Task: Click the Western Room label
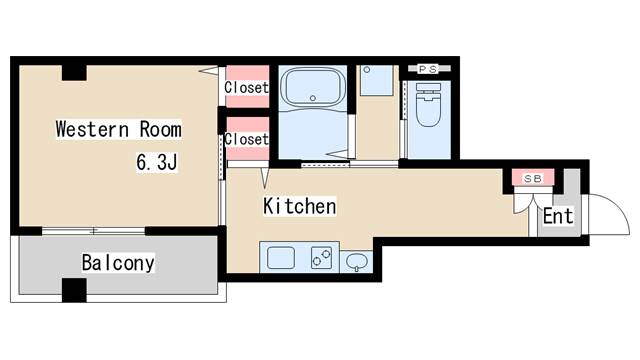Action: pyautogui.click(x=119, y=129)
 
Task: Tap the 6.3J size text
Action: pyautogui.click(x=157, y=162)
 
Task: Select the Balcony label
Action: pyautogui.click(x=118, y=263)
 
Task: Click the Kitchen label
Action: pyautogui.click(x=300, y=206)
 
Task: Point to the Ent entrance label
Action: pyautogui.click(x=558, y=216)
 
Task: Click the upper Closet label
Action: pyautogui.click(x=247, y=87)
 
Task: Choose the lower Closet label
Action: pyautogui.click(x=247, y=139)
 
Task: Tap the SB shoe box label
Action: pyautogui.click(x=533, y=179)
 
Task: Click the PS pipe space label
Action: pyautogui.click(x=428, y=69)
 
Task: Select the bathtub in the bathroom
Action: pyautogui.click(x=313, y=87)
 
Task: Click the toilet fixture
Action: pyautogui.click(x=428, y=104)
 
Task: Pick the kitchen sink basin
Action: pyautogui.click(x=281, y=258)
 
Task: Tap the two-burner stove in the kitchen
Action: pyautogui.click(x=321, y=258)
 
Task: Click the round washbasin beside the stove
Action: pyautogui.click(x=356, y=261)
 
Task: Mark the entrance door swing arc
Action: pyautogui.click(x=620, y=208)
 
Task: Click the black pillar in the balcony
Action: pyautogui.click(x=74, y=290)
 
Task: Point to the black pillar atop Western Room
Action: pyautogui.click(x=74, y=73)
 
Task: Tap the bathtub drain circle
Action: pyautogui.click(x=313, y=98)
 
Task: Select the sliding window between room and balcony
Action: pyautogui.click(x=93, y=231)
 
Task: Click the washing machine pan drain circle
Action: pyautogui.click(x=367, y=70)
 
